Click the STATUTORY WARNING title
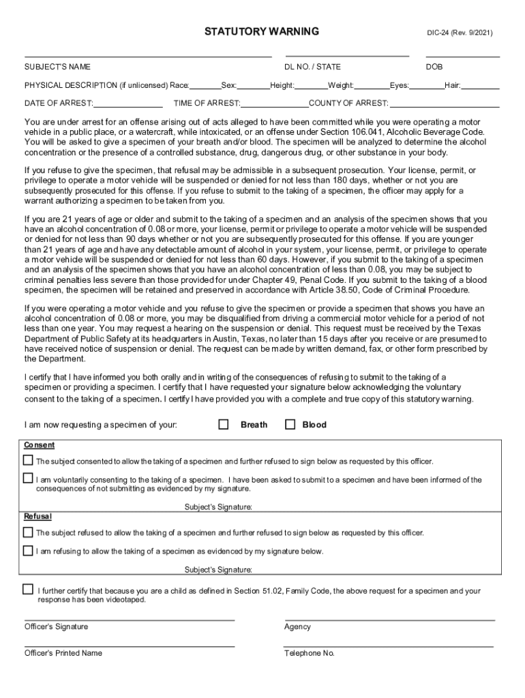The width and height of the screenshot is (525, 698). click(x=262, y=31)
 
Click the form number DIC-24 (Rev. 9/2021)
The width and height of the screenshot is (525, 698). click(x=460, y=33)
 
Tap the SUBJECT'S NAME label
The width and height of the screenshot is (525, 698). click(x=57, y=67)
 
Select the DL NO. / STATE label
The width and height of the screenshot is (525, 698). click(x=312, y=67)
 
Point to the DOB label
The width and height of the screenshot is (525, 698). click(x=434, y=67)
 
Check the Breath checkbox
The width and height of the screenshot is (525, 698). click(x=224, y=424)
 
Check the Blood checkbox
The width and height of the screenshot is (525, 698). click(x=290, y=424)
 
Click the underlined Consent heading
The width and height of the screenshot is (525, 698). click(x=40, y=445)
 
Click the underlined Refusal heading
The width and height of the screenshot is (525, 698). click(x=38, y=517)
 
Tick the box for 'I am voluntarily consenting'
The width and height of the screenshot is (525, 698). click(x=28, y=478)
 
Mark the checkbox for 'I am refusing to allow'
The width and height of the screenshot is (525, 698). click(x=28, y=549)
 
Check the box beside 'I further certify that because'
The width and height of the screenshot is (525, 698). click(x=28, y=589)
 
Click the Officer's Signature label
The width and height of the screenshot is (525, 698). click(x=56, y=626)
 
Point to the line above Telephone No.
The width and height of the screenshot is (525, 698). click(x=389, y=646)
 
